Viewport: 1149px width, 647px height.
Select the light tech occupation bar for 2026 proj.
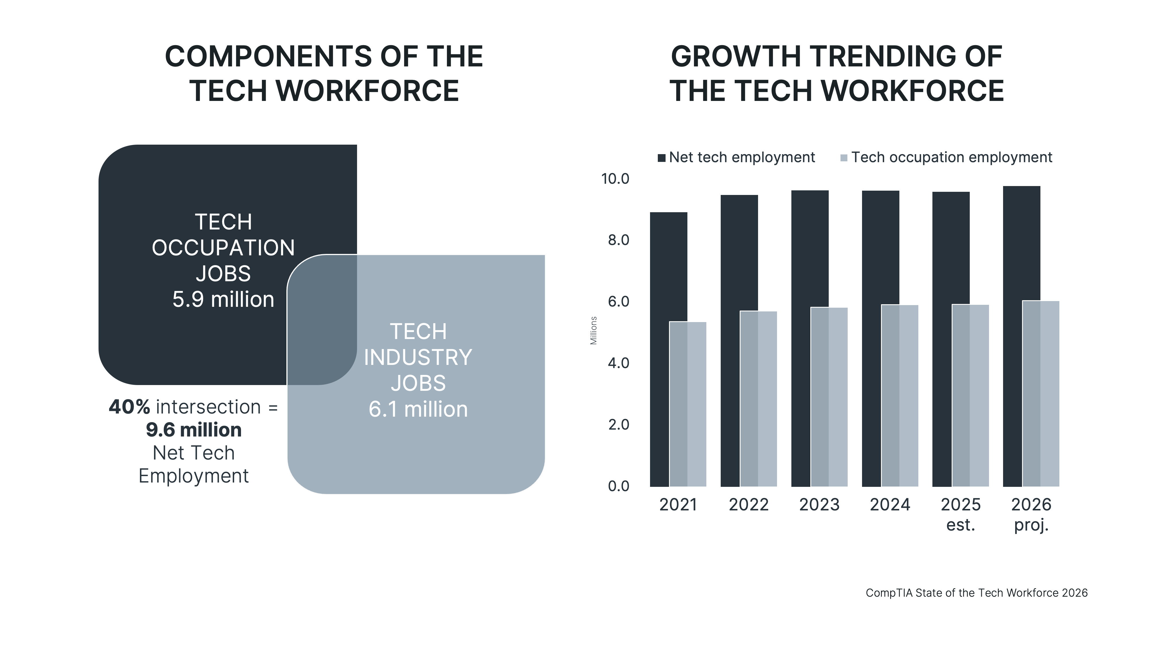coord(1041,393)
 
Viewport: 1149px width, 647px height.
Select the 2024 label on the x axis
coord(890,505)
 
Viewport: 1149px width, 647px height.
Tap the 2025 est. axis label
coord(961,514)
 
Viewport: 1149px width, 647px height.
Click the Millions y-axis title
coord(593,330)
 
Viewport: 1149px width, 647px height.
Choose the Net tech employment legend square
coord(662,158)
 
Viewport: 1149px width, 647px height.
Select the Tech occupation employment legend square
coord(843,158)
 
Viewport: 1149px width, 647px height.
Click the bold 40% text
coord(129,407)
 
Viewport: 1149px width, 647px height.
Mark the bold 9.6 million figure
coord(194,430)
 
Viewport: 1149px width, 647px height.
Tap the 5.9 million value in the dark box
coord(223,299)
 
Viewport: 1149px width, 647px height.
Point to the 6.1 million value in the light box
coord(418,409)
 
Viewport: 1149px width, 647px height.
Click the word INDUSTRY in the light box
coord(418,357)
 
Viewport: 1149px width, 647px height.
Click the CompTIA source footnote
coord(976,593)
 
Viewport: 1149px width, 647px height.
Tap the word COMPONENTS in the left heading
coord(268,57)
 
